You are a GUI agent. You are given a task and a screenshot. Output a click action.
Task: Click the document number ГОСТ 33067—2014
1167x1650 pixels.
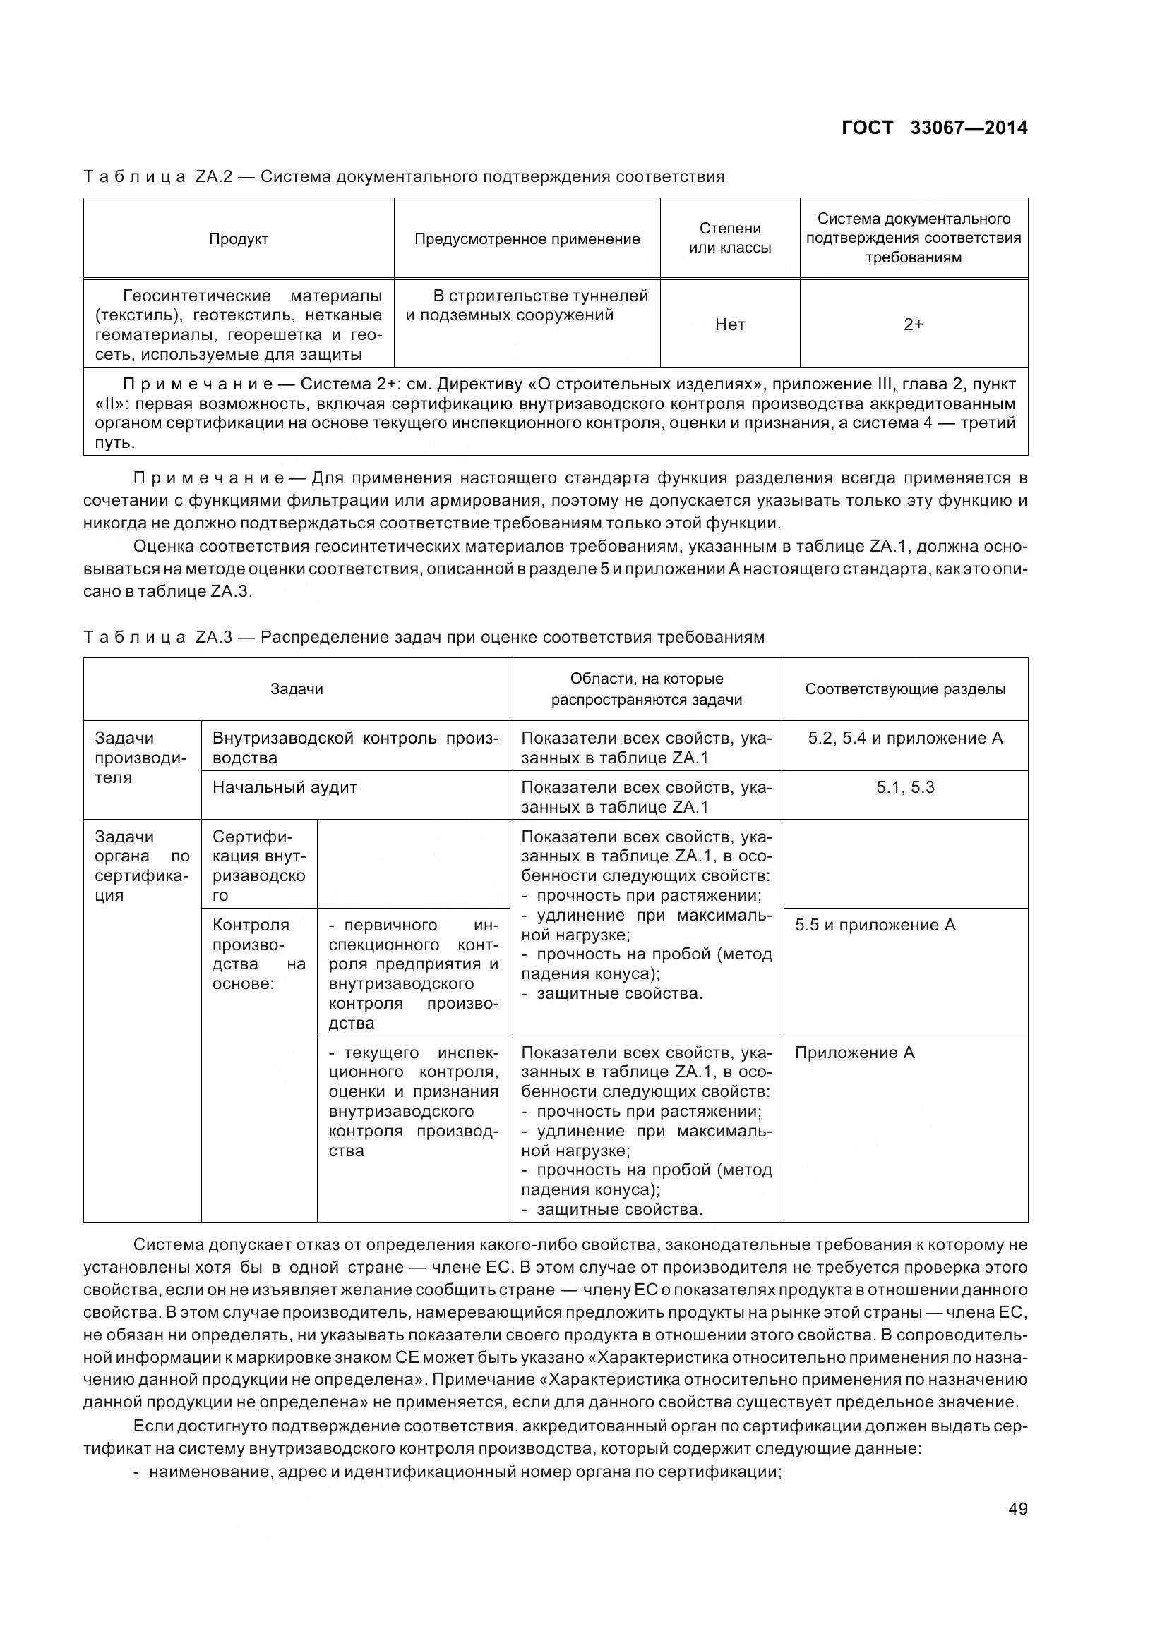(933, 128)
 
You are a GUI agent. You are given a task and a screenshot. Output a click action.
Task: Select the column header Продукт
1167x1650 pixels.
(238, 239)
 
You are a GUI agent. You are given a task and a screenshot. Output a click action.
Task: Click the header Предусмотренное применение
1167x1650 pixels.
(527, 239)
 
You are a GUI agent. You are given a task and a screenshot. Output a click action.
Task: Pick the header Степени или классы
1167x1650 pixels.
(729, 238)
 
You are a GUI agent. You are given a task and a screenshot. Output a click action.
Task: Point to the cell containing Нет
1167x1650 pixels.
(729, 324)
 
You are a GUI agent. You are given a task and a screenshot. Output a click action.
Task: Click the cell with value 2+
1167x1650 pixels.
(912, 324)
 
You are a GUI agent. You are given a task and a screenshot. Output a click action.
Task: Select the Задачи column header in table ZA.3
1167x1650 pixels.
(297, 689)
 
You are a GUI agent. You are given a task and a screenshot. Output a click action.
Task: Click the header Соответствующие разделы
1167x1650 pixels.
(904, 689)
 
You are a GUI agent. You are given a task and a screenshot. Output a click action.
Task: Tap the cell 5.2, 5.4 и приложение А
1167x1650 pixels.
(904, 738)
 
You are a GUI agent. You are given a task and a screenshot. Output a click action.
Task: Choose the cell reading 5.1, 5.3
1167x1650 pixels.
(904, 787)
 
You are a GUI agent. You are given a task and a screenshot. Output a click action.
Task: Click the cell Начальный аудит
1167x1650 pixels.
(285, 787)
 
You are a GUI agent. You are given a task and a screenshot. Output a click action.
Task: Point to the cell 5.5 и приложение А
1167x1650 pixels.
(875, 925)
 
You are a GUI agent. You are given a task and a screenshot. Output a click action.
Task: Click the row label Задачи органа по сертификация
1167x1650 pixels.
(142, 866)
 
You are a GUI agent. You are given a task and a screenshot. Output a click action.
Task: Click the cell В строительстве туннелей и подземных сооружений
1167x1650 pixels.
(527, 305)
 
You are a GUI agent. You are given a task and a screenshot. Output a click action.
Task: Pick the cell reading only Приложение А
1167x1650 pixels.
(854, 1053)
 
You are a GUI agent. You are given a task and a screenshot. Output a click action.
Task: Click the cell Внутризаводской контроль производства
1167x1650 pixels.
(355, 747)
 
